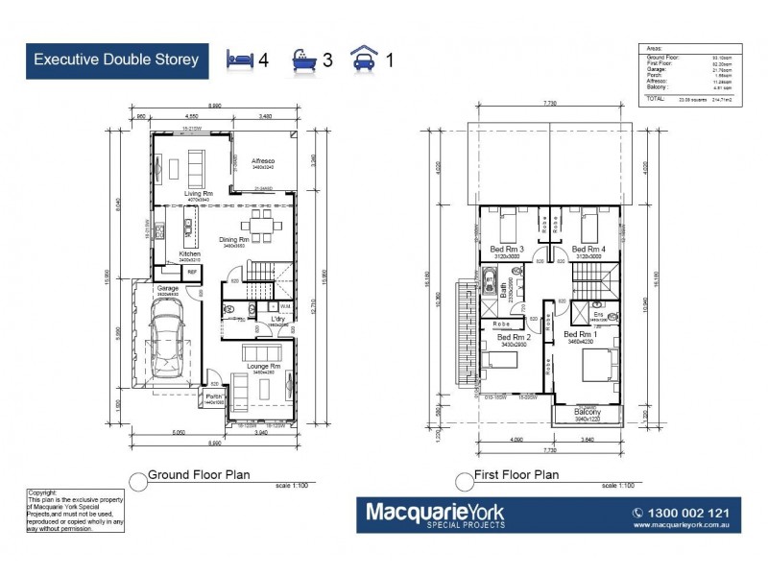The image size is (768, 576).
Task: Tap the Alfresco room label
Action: [x=263, y=161]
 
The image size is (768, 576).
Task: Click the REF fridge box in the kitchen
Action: [x=192, y=273]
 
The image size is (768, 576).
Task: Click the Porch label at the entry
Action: [x=213, y=396]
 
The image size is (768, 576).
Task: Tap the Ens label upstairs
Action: [x=597, y=313]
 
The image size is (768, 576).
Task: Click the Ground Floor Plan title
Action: [x=198, y=474]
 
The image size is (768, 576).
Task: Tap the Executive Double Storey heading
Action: [x=116, y=60]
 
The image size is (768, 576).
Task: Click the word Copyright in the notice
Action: [x=44, y=492]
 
